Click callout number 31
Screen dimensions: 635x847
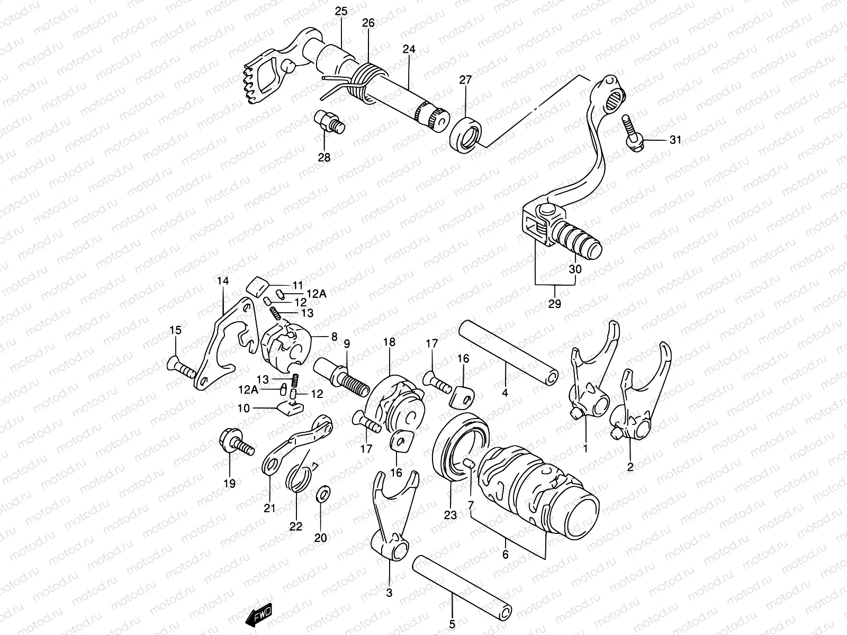(675, 140)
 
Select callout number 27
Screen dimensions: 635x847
(465, 80)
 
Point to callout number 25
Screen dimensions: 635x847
(341, 11)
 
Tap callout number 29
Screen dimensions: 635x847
(555, 304)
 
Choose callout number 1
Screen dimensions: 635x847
(585, 449)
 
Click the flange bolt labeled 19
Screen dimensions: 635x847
(234, 443)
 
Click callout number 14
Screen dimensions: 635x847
(223, 281)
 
